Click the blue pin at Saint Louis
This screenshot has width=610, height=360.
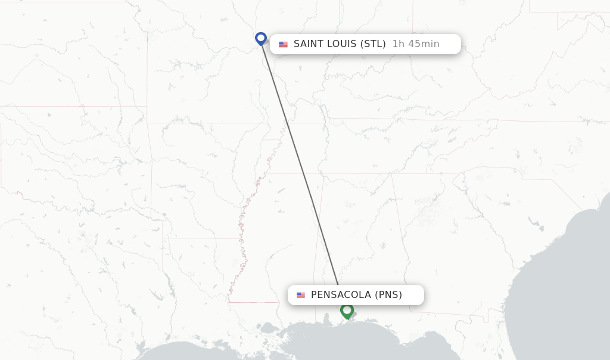click(x=260, y=38)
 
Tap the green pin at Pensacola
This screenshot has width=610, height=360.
click(x=347, y=310)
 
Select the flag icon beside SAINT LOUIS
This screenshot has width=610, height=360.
click(x=283, y=44)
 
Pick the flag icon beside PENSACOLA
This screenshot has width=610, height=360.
click(x=301, y=295)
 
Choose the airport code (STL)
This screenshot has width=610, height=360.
click(x=373, y=44)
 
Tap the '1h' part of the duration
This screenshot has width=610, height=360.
click(x=398, y=44)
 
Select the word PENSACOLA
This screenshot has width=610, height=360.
click(x=341, y=295)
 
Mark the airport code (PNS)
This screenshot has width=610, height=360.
click(x=388, y=295)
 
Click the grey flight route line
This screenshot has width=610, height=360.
click(x=300, y=161)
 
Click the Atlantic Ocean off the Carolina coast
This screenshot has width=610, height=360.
click(x=587, y=238)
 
